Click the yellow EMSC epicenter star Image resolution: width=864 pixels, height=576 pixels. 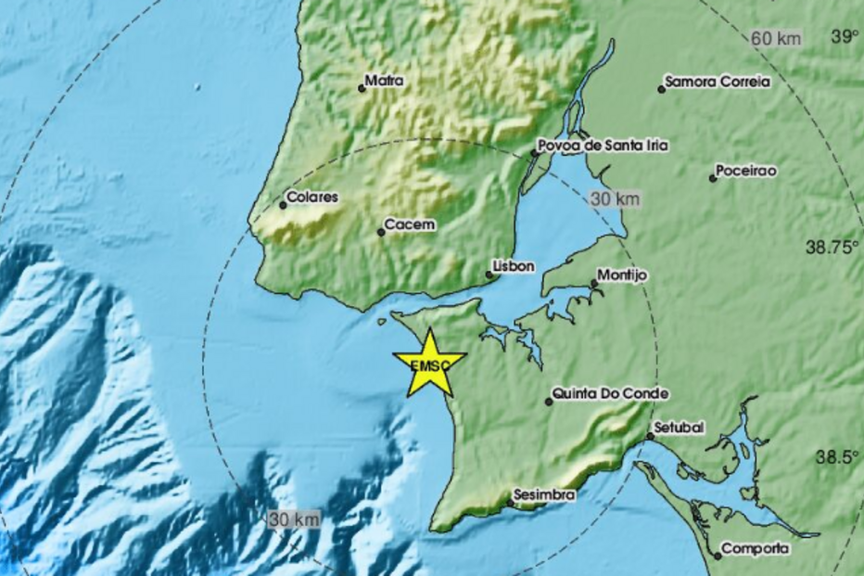click(429, 363)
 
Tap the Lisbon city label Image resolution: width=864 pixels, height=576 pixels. click(515, 266)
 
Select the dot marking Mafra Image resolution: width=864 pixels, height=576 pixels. click(362, 88)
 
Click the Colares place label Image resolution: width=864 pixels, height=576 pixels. click(313, 198)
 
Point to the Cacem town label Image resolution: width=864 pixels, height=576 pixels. click(411, 224)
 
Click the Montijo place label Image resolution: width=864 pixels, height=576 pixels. click(622, 275)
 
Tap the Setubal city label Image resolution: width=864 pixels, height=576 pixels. click(680, 428)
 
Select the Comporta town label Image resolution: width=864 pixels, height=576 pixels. click(756, 549)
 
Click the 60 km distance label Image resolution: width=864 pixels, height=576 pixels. click(777, 39)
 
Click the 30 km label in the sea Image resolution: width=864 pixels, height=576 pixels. click(295, 519)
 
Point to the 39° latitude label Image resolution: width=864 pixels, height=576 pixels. click(845, 37)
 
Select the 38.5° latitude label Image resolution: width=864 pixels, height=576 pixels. click(838, 457)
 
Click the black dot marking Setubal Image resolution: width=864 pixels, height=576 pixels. click(650, 435)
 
